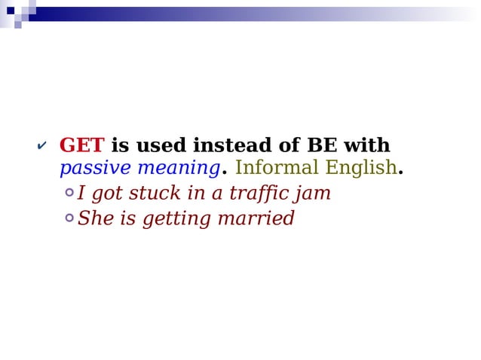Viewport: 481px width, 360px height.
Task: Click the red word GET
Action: [81, 145]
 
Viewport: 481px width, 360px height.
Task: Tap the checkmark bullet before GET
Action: [41, 145]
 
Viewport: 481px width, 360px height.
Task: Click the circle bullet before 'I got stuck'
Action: [69, 193]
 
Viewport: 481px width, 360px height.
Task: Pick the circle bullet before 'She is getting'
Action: [69, 218]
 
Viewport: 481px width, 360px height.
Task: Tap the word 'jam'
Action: [314, 194]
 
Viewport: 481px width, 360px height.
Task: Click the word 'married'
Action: [256, 219]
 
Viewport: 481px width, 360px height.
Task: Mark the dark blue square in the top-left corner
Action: [11, 11]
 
